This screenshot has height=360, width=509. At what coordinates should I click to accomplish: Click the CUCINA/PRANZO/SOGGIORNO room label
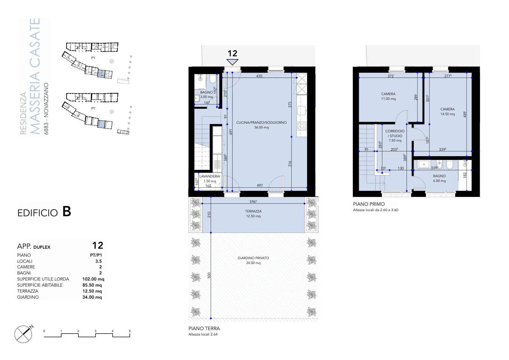click(x=261, y=122)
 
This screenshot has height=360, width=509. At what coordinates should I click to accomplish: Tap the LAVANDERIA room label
click(x=210, y=176)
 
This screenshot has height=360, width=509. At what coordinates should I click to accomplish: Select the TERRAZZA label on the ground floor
click(x=253, y=211)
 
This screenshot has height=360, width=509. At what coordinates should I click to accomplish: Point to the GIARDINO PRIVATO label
click(x=253, y=258)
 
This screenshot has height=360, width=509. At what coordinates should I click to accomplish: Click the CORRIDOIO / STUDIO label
click(x=395, y=133)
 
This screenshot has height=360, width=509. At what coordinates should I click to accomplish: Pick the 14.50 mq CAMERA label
click(x=447, y=112)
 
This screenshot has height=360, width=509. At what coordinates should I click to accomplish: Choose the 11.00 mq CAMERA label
click(x=388, y=96)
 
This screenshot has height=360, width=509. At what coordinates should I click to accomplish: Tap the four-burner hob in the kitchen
click(x=302, y=126)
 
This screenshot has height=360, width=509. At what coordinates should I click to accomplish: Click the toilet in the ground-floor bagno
click(x=213, y=79)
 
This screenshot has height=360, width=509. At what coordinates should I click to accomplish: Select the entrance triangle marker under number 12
click(x=232, y=62)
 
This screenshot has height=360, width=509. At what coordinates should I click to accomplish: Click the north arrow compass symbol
click(x=24, y=334)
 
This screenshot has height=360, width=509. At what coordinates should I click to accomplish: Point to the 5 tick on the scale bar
click(x=130, y=331)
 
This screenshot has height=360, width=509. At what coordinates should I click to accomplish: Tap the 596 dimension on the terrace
click(x=253, y=201)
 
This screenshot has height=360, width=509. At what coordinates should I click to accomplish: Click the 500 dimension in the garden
click(x=209, y=275)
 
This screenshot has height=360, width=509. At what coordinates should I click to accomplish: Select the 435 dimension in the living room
click(x=259, y=76)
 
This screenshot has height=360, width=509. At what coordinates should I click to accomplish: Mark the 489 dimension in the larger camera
click(x=465, y=114)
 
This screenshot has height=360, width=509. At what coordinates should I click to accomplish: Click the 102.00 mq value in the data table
click(x=93, y=279)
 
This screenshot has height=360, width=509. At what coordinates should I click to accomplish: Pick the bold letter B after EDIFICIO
click(x=66, y=212)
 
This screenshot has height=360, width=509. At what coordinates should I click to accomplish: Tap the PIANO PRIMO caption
click(x=369, y=204)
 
